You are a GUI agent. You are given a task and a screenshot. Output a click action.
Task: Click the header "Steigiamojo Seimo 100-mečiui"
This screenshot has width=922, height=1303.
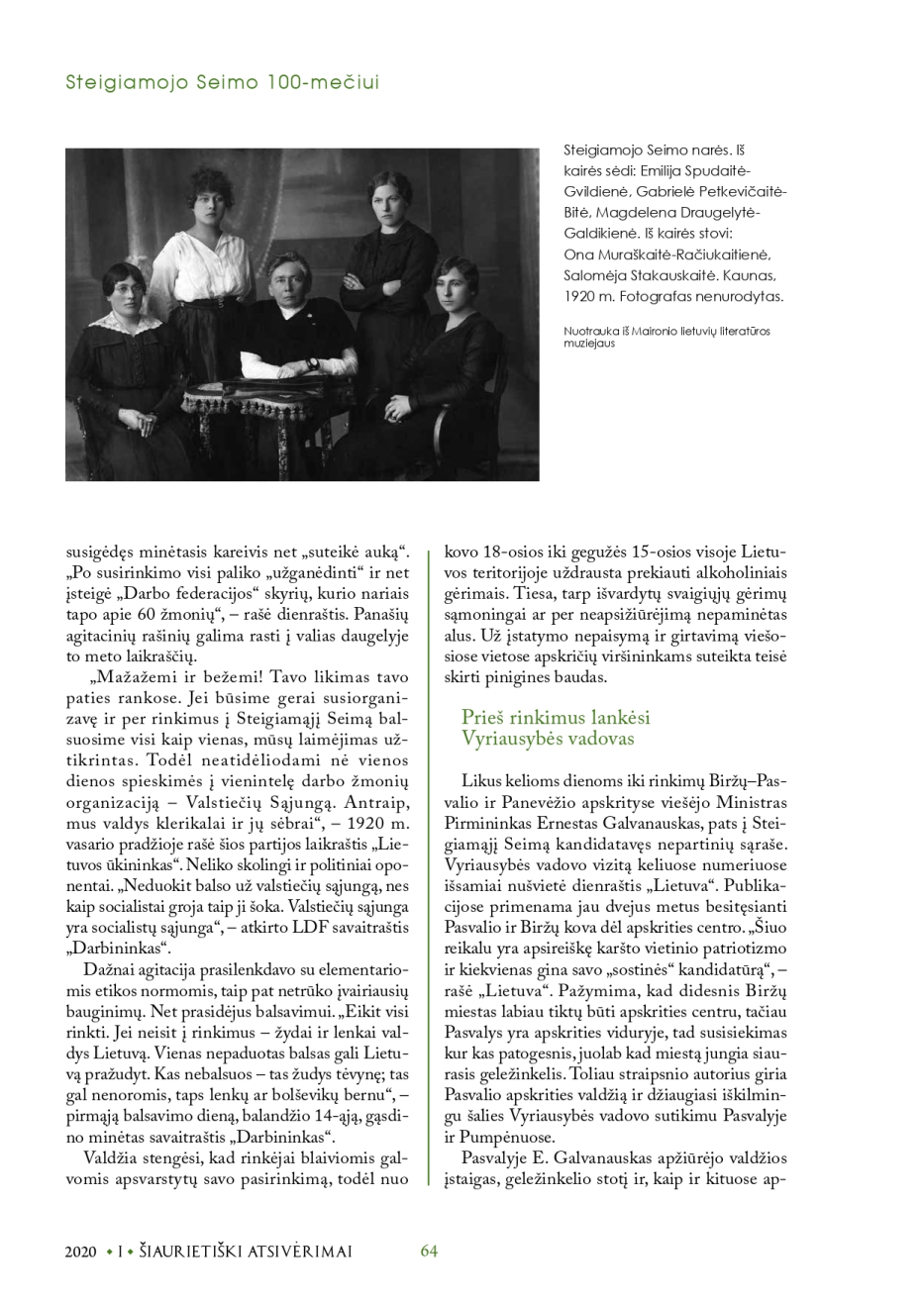click(x=222, y=83)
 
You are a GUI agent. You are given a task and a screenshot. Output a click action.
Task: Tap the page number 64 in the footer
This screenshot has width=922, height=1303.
click(x=429, y=1251)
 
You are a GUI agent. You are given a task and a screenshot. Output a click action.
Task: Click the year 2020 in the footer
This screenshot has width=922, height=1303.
click(x=81, y=1252)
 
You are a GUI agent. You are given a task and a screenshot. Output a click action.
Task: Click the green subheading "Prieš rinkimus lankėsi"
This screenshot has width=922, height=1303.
click(x=556, y=718)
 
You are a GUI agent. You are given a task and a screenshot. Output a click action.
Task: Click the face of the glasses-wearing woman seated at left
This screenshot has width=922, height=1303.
click(x=131, y=288)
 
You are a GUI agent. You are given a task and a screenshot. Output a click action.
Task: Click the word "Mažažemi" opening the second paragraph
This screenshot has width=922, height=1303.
click(x=130, y=677)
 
